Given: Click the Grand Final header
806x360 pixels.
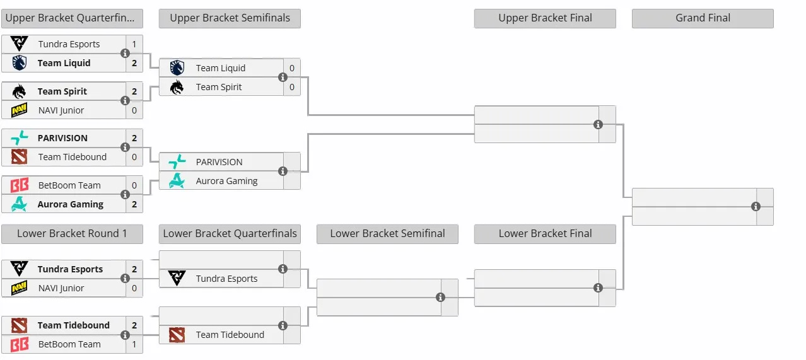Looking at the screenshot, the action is pyautogui.click(x=703, y=18).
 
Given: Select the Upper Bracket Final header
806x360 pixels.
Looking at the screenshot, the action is pyautogui.click(x=545, y=18).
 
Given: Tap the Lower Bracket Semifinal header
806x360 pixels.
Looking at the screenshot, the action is pyautogui.click(x=387, y=234).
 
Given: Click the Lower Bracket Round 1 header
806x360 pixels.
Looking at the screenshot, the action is pyautogui.click(x=72, y=234).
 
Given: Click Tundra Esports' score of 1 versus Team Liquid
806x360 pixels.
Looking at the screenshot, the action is pyautogui.click(x=134, y=44).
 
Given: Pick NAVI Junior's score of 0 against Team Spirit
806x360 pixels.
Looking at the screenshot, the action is pyautogui.click(x=134, y=110).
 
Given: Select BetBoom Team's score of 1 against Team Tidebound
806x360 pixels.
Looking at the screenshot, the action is pyautogui.click(x=134, y=344).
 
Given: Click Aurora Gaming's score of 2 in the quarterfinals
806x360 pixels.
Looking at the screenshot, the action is pyautogui.click(x=134, y=204).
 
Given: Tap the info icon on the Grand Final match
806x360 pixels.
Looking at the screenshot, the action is pyautogui.click(x=756, y=206).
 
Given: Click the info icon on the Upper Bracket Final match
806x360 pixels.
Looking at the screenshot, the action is pyautogui.click(x=598, y=124).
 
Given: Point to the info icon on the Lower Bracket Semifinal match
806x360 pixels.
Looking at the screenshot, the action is pyautogui.click(x=440, y=297).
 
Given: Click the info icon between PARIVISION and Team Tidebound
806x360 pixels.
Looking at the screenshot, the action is pyautogui.click(x=125, y=147).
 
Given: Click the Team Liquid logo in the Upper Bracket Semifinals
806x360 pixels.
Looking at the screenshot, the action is pyautogui.click(x=177, y=67).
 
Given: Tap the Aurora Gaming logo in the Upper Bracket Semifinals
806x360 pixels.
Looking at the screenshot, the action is pyautogui.click(x=177, y=181).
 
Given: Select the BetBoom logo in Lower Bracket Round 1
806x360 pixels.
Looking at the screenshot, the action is pyautogui.click(x=20, y=344).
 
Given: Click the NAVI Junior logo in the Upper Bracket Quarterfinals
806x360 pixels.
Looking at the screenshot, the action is pyautogui.click(x=20, y=110).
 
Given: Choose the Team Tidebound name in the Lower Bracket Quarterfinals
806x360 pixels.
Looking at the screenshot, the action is pyautogui.click(x=230, y=335).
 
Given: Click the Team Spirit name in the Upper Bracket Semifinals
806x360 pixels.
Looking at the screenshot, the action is pyautogui.click(x=219, y=87).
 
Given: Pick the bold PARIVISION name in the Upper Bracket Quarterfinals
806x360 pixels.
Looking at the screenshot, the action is pyautogui.click(x=62, y=138).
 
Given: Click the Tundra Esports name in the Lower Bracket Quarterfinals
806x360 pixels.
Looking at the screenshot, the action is pyautogui.click(x=226, y=279).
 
